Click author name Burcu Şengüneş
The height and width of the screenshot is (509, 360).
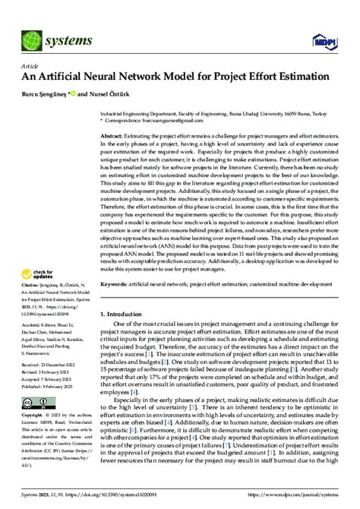pyautogui.click(x=43, y=94)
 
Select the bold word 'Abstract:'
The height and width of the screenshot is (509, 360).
pyautogui.click(x=113, y=134)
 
